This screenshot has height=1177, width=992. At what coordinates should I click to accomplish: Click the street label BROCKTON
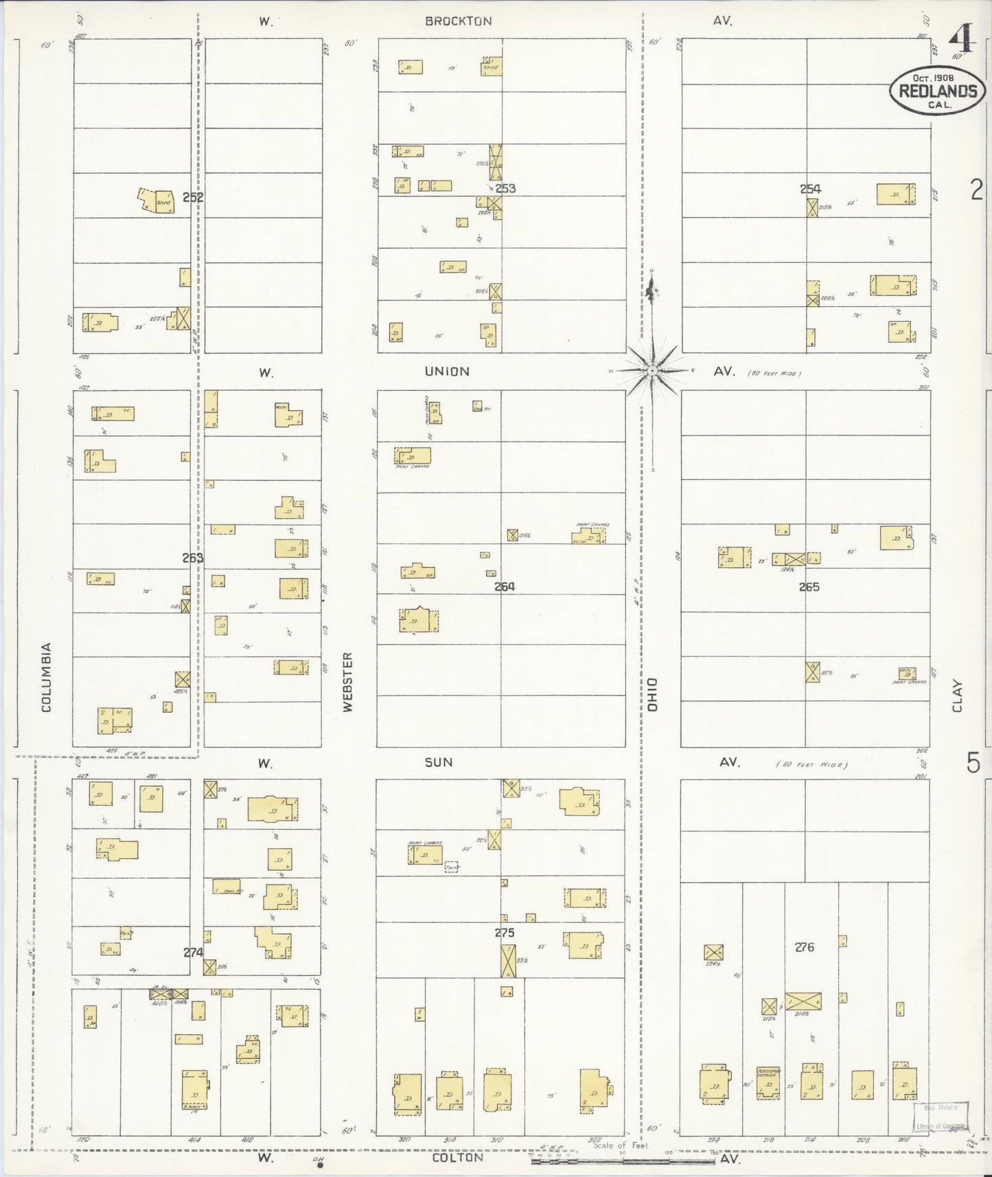point(458,21)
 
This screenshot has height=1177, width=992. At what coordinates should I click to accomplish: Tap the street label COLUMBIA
point(47,677)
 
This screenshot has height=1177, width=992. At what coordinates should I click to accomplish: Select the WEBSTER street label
point(347,682)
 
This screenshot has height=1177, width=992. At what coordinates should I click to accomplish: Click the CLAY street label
point(957,696)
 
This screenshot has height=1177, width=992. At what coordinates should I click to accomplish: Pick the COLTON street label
point(457,1157)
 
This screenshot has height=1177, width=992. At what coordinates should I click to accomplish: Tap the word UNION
point(447,372)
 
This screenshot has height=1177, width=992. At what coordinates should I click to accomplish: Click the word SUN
point(438,762)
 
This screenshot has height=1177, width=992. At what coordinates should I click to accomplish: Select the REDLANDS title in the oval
point(938,91)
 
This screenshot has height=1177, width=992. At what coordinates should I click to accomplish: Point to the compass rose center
point(651,371)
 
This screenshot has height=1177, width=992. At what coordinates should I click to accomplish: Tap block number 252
point(193,197)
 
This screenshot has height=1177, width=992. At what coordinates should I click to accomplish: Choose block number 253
point(505,188)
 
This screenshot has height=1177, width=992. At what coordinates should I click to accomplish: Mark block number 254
point(810,189)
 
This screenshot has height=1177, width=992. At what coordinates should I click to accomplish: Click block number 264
point(505,586)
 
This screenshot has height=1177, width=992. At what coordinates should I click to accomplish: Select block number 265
point(809,587)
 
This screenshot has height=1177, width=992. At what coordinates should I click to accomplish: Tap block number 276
point(804,948)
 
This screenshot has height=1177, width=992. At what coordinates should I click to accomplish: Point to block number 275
point(505,933)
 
